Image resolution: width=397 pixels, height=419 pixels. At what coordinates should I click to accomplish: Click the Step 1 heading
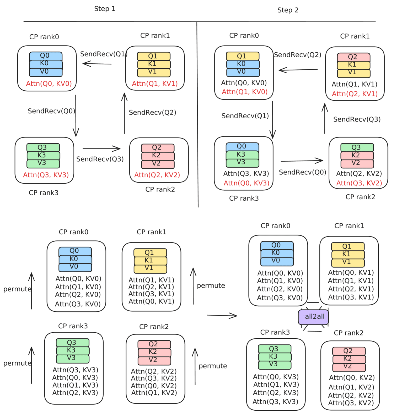105,9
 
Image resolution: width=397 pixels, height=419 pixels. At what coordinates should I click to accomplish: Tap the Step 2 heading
288,10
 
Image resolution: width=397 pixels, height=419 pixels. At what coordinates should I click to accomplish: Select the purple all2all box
313,317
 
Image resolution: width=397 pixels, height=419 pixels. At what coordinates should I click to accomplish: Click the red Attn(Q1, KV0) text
245,92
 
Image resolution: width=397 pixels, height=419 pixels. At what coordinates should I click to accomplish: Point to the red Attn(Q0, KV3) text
246,183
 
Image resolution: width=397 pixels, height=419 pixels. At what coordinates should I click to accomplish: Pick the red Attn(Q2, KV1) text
355,94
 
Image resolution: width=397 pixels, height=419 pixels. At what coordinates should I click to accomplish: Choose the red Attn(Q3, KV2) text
359,183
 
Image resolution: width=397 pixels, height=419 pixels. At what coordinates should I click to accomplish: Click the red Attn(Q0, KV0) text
49,84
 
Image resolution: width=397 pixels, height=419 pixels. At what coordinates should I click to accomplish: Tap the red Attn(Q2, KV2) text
157,175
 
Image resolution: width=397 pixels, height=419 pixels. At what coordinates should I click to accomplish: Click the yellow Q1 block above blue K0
243,56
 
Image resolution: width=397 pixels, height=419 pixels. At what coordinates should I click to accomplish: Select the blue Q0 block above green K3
242,146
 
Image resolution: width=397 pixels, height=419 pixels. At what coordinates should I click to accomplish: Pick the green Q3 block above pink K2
357,147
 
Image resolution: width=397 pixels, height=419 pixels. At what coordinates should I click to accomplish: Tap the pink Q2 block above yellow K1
353,57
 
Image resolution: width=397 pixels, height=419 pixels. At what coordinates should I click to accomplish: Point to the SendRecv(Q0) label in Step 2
303,172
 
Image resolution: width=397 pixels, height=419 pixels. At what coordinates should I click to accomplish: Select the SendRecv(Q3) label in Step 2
357,119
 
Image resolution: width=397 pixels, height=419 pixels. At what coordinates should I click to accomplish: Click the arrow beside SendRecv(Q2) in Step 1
124,113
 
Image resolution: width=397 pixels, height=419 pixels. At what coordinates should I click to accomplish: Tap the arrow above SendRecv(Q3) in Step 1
102,149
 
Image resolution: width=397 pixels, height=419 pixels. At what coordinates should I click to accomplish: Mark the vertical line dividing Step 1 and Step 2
197,115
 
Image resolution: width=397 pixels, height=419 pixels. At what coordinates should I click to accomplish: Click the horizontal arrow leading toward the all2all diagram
222,316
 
